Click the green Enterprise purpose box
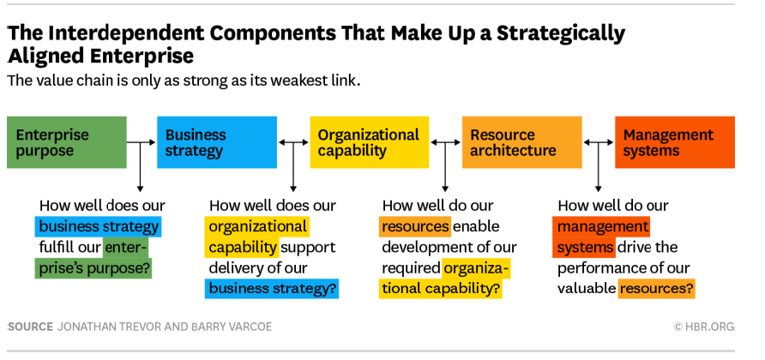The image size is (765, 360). point(66,142)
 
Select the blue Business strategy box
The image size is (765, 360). point(217,142)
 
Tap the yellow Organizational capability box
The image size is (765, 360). point(370,142)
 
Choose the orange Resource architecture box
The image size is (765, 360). point(521,142)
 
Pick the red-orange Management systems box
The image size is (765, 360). point(675,142)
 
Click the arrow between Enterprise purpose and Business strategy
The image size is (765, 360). point(141,142)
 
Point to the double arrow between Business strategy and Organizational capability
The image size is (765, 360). point(293,142)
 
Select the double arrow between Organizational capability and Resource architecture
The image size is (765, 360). point(445,142)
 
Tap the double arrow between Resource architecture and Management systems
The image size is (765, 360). point(598,142)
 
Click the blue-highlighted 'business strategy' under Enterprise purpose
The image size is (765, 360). point(98,226)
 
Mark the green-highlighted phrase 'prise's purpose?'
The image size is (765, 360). point(93,268)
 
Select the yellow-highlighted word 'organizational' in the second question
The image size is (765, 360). point(257,226)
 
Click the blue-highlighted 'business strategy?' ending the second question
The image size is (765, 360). point(272,288)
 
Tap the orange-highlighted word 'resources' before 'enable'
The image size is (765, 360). point(415,226)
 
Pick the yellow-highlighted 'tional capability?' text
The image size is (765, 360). point(441,288)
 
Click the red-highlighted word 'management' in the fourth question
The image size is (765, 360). point(601,226)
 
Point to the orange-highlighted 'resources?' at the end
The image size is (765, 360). point(656,288)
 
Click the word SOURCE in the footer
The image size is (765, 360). point(30,327)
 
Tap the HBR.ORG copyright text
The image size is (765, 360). point(703,327)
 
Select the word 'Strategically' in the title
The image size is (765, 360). point(561,33)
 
